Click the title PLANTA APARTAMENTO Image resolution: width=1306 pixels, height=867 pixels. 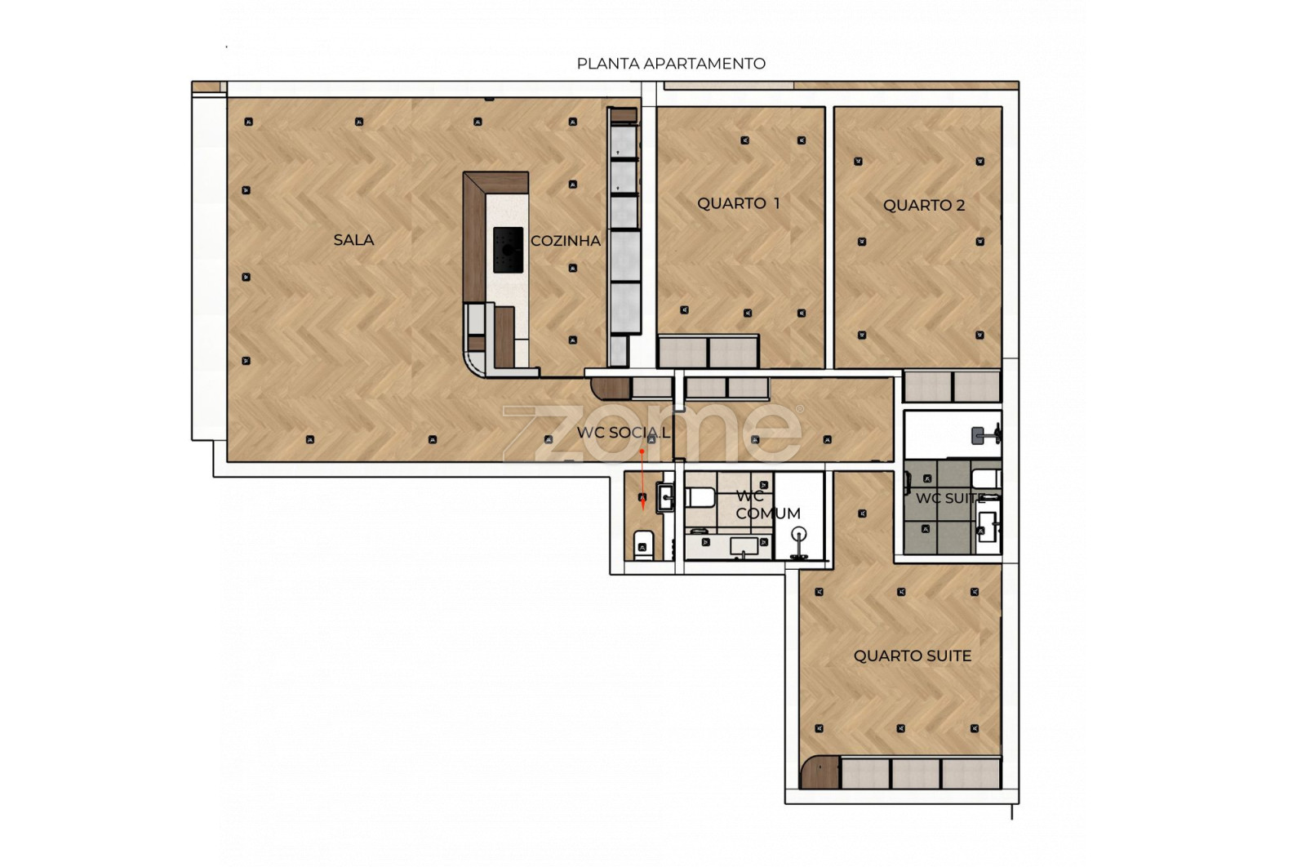pos(671,64)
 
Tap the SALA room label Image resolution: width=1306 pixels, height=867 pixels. pos(353,240)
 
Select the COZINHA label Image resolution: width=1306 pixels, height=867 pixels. pos(566,240)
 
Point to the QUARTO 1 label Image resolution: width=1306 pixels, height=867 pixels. pos(738,203)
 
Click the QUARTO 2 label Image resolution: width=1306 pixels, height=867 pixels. pos(923,205)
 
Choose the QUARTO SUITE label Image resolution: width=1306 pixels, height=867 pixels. pos(913,656)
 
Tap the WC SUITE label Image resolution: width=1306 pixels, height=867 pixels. pos(950,498)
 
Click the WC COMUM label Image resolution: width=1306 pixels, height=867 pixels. pos(767,505)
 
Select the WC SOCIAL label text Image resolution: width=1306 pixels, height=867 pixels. pos(624,433)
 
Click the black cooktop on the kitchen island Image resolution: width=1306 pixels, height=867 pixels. pos(508,250)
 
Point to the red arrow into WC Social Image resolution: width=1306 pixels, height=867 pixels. pos(642,480)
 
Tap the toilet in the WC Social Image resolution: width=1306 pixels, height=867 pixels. pos(642,545)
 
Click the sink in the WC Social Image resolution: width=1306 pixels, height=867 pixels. pos(665,497)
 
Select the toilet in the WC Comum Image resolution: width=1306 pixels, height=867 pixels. pos(700,497)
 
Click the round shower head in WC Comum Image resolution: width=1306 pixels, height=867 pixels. pos(799,533)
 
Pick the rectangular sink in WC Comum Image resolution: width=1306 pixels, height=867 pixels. pos(744,546)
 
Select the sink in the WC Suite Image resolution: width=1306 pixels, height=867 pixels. pos(987,526)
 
